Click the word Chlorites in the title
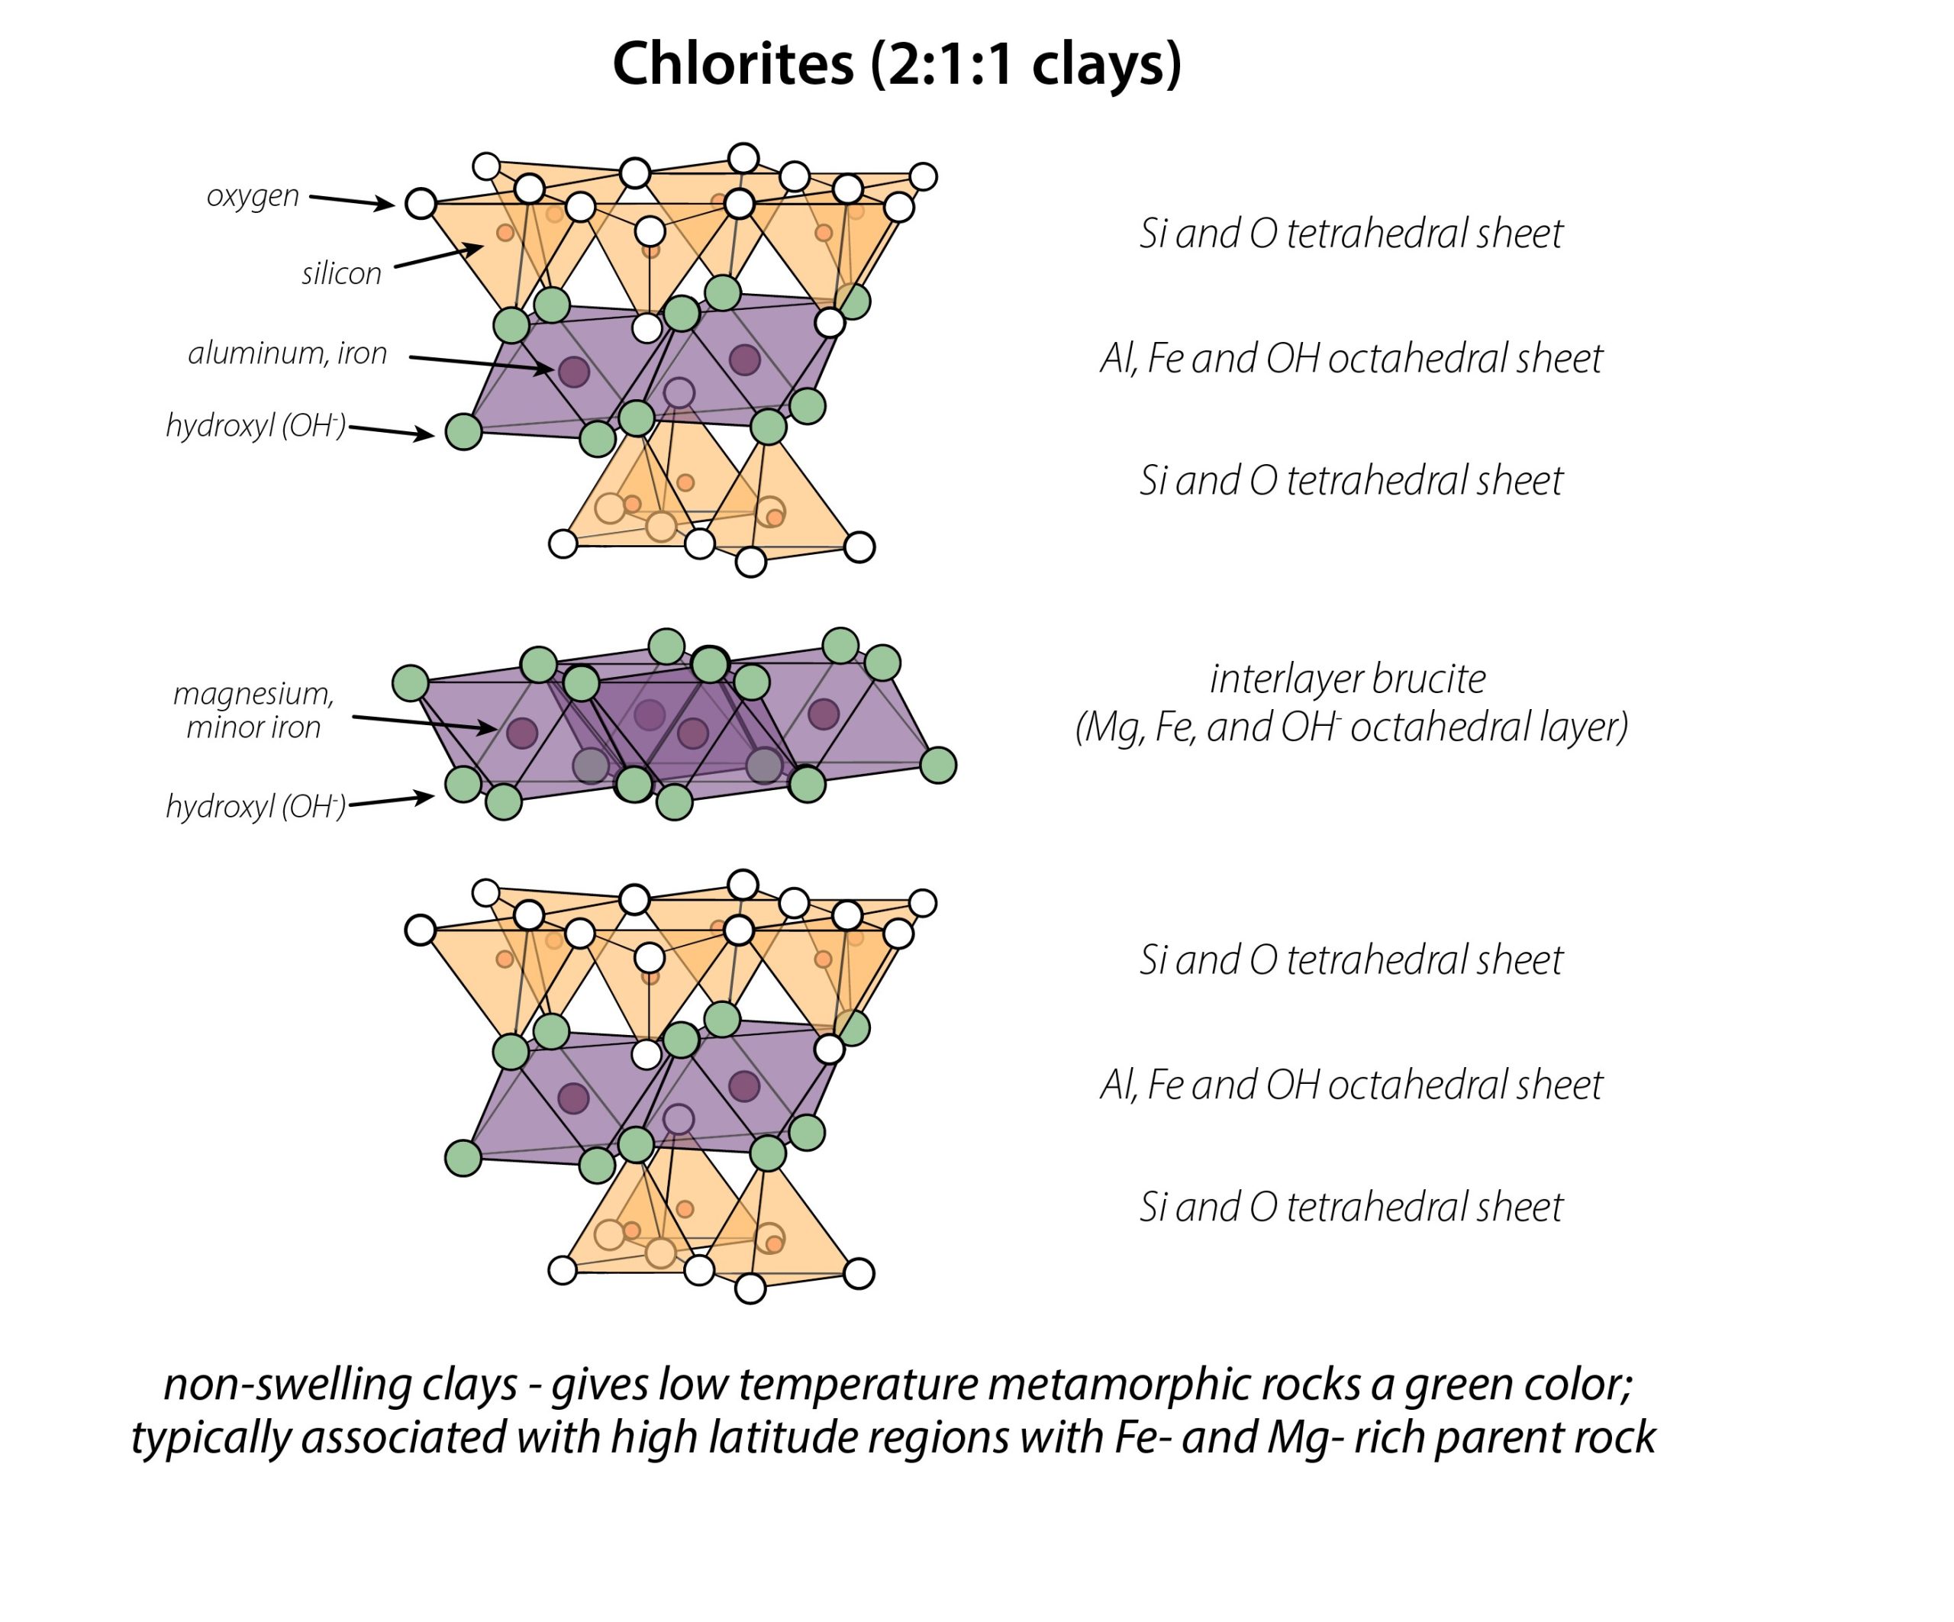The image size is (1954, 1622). pyautogui.click(x=734, y=64)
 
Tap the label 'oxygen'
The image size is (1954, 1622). pyautogui.click(x=253, y=196)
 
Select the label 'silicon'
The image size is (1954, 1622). pyautogui.click(x=341, y=273)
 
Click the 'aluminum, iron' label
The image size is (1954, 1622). pyautogui.click(x=288, y=353)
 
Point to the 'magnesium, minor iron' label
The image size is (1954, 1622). pyautogui.click(x=253, y=710)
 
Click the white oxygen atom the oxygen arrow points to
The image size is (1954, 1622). pyautogui.click(x=421, y=203)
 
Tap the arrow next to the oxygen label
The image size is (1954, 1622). pyautogui.click(x=353, y=201)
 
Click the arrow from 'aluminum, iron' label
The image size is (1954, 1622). pyautogui.click(x=482, y=365)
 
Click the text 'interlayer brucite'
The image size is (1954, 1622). pyautogui.click(x=1348, y=679)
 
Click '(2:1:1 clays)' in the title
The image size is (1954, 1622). pyautogui.click(x=1027, y=65)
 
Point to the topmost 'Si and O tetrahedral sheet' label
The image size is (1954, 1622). pyautogui.click(x=1351, y=234)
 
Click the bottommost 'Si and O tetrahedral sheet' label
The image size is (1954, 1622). pyautogui.click(x=1351, y=1207)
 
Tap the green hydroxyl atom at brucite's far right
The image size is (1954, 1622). pyautogui.click(x=938, y=766)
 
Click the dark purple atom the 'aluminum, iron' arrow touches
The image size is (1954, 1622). pyautogui.click(x=574, y=371)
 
